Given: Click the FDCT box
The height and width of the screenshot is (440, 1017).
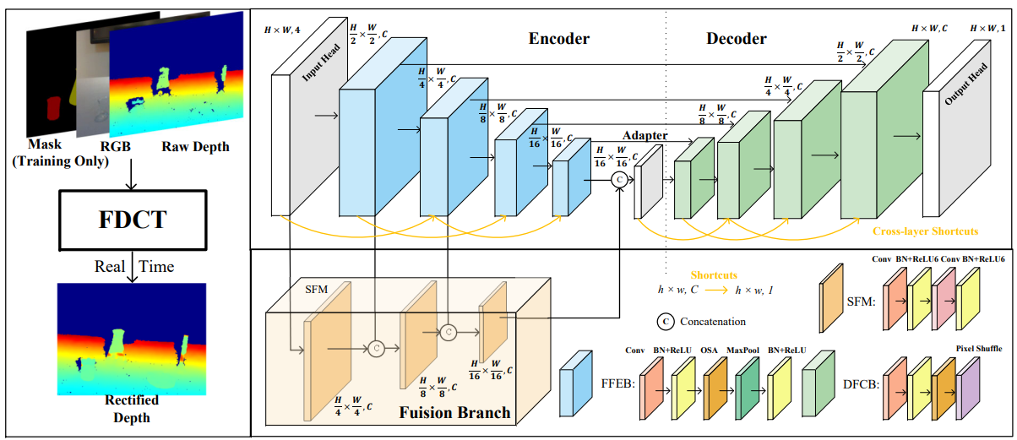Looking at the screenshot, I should point(129,220).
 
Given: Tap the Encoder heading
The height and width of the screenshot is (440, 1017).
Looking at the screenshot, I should point(558,39).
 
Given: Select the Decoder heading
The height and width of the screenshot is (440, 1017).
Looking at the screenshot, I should point(736,39).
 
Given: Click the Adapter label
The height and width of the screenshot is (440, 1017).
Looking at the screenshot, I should point(644,135).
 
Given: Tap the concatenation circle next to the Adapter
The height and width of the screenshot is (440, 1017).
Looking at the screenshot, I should point(619,179).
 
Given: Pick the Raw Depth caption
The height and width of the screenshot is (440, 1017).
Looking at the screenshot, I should point(194,147).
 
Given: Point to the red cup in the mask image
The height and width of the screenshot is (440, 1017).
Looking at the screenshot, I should point(54,108).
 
